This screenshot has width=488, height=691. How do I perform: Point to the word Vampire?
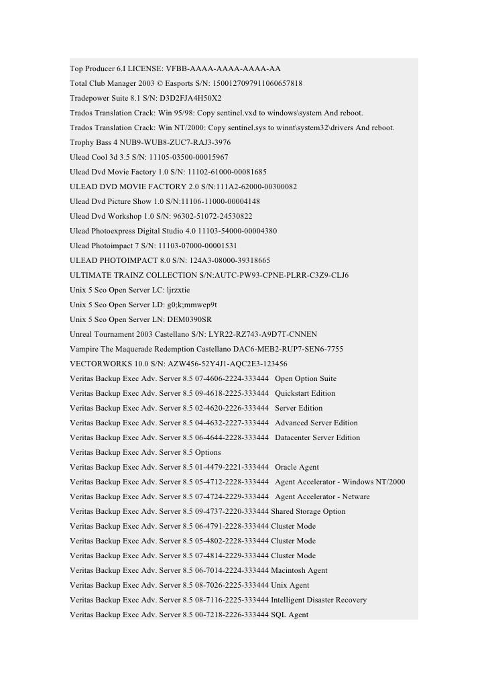tap(84, 349)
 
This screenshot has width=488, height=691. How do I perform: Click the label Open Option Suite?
tap(306, 378)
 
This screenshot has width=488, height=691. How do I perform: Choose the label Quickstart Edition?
tap(305, 393)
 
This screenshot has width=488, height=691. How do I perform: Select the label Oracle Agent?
tap(297, 467)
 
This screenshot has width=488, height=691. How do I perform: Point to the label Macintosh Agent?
tap(299, 570)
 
